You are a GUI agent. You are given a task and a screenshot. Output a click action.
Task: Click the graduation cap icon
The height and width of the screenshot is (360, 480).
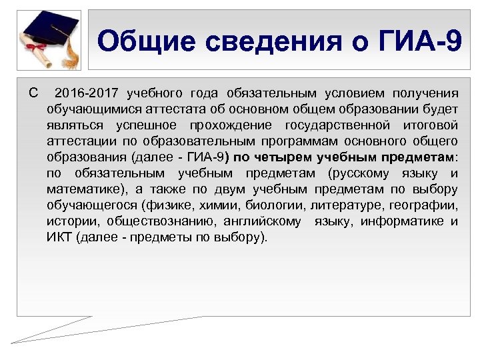(49, 27)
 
